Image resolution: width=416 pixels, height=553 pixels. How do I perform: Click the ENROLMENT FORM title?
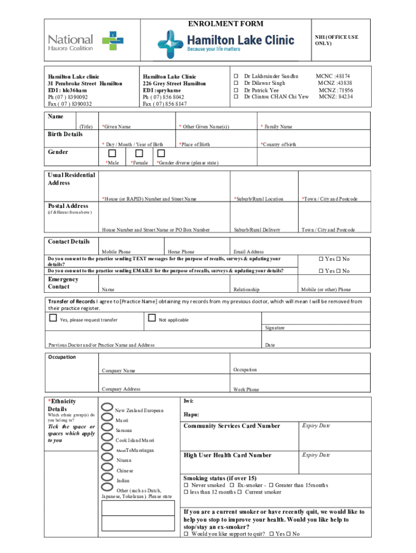[x=225, y=24]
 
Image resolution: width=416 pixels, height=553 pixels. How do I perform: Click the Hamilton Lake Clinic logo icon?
[x=171, y=41]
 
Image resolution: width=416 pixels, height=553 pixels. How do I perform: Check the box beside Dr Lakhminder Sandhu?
[x=236, y=77]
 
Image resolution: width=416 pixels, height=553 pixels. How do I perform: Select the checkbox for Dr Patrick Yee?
[x=236, y=90]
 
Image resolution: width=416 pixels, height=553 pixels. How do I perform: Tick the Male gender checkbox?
[x=112, y=153]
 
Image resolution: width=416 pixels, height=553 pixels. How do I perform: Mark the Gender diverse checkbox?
[x=160, y=153]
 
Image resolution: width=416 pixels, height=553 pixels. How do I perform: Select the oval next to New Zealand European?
[x=107, y=408]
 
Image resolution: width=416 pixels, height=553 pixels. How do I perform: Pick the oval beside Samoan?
[x=107, y=429]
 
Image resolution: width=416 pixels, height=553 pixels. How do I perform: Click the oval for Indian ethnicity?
[x=107, y=478]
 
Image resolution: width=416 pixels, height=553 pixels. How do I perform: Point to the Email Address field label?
[x=248, y=252]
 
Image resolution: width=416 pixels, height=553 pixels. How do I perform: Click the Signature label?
[x=274, y=328]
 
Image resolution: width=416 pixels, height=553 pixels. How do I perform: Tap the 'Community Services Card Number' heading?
[x=232, y=426]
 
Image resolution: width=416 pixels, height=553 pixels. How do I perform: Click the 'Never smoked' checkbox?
[x=186, y=485]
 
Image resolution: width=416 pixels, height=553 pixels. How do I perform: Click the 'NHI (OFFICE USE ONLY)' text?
[x=336, y=40]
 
